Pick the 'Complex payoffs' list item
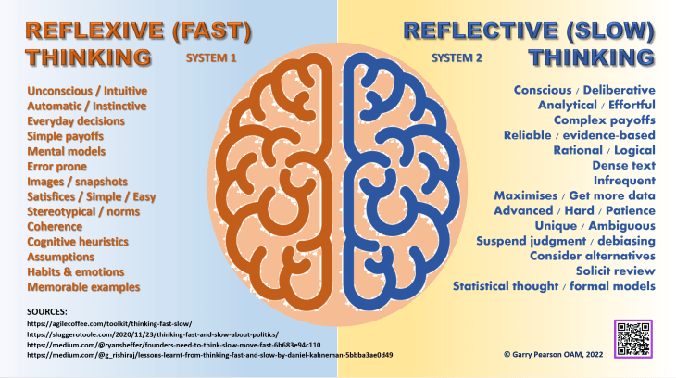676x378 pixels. click(x=604, y=120)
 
